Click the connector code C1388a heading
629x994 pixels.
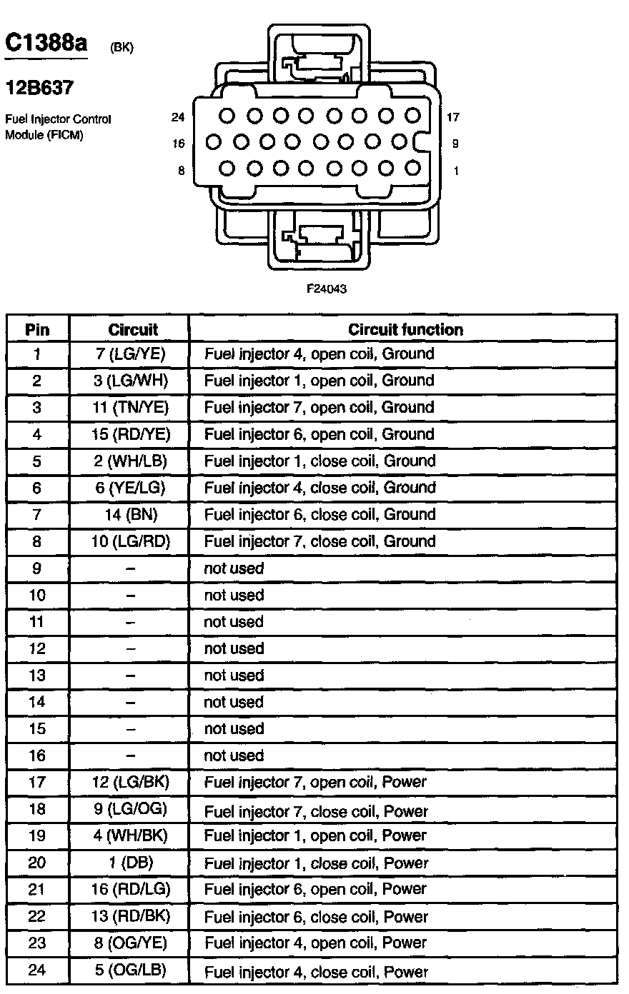coord(46,44)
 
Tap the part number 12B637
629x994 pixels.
coord(39,88)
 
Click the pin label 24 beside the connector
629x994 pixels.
coord(178,117)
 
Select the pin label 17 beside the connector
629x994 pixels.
coord(453,117)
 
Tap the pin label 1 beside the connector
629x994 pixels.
coord(456,171)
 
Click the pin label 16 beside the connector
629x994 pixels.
coord(178,144)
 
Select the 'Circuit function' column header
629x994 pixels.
coord(405,330)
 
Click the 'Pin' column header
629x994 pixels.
coord(38,330)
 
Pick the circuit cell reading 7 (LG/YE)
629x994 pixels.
coord(129,354)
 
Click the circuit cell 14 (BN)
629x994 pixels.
coord(129,515)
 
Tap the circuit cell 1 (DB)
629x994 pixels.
coord(129,863)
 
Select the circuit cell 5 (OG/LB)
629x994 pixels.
coord(129,971)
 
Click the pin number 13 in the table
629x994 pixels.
coord(38,676)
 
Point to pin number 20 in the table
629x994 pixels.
coord(38,863)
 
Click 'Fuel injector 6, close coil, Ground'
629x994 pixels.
coord(320,515)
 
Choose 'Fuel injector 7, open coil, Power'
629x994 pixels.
coord(315,783)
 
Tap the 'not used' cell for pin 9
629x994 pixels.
coord(234,569)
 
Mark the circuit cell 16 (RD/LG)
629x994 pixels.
coord(129,890)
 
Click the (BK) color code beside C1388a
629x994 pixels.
coord(122,49)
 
